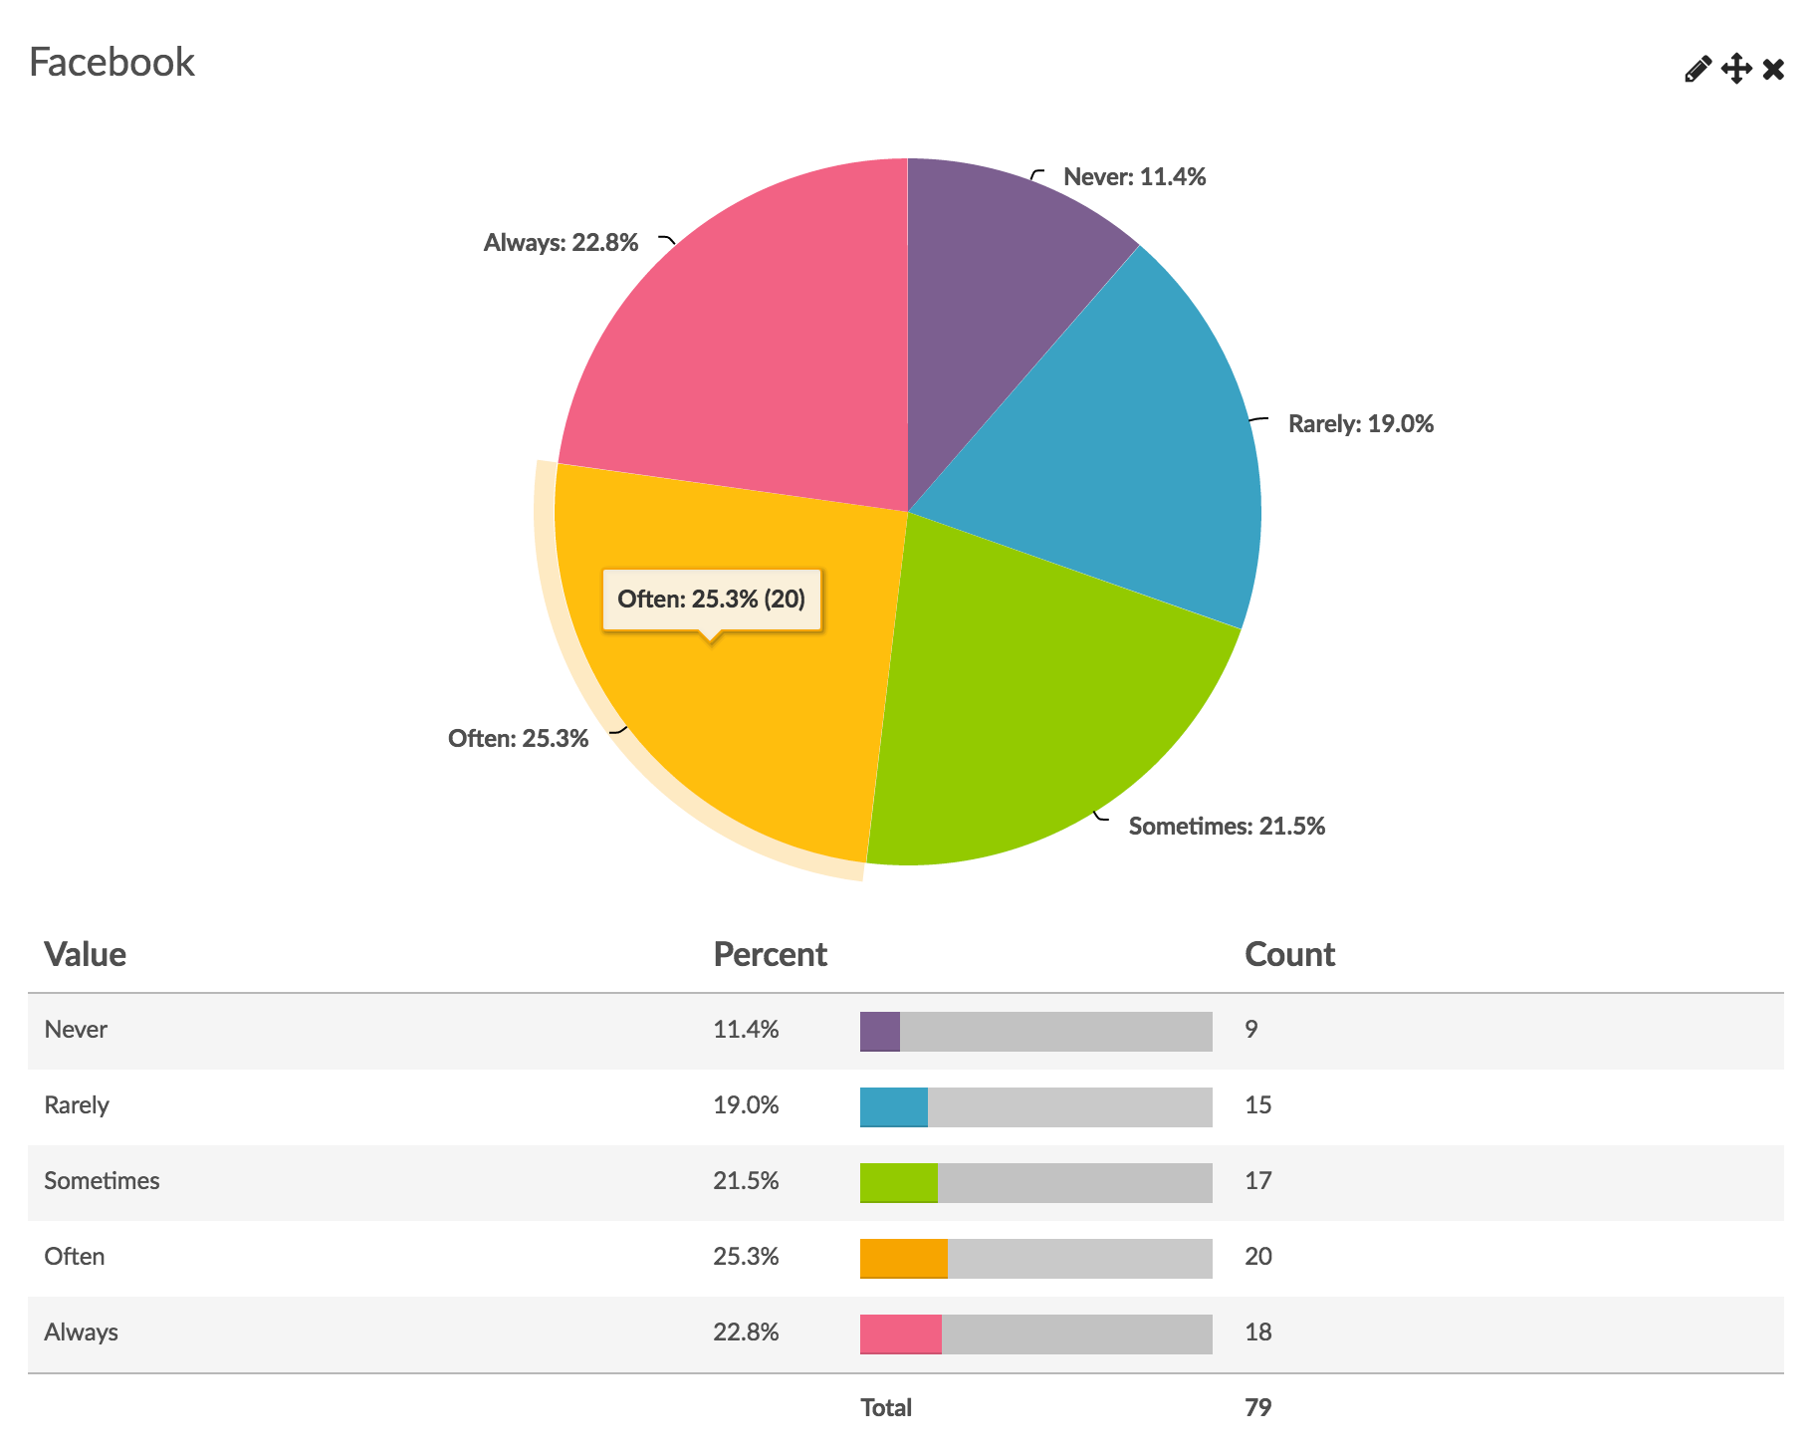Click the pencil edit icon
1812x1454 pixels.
1698,69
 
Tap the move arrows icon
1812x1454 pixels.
1736,69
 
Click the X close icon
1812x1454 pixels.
1773,69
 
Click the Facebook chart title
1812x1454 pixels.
112,62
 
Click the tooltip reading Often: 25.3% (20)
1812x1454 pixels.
711,600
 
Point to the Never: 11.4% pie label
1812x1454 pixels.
1134,177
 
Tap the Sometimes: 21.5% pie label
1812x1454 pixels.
1227,827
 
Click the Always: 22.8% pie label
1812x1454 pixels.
561,243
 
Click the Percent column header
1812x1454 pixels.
770,954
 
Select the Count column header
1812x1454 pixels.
1289,954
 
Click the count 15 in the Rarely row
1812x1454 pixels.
1257,1105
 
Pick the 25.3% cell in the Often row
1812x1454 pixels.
746,1257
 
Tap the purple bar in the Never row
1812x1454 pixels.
880,1032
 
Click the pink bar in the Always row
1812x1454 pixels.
901,1334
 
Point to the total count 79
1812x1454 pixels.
1257,1408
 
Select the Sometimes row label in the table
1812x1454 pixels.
102,1181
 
